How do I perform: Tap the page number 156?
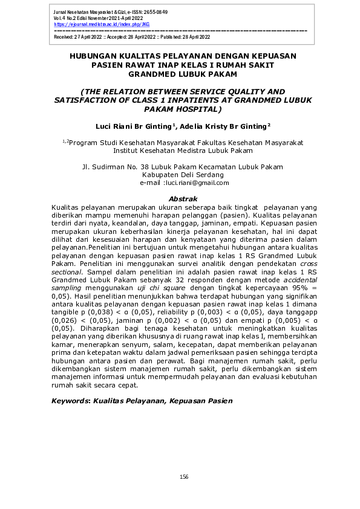(x=184, y=477)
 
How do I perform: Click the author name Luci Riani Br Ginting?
(x=129, y=126)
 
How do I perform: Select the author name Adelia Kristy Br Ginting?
(x=220, y=126)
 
